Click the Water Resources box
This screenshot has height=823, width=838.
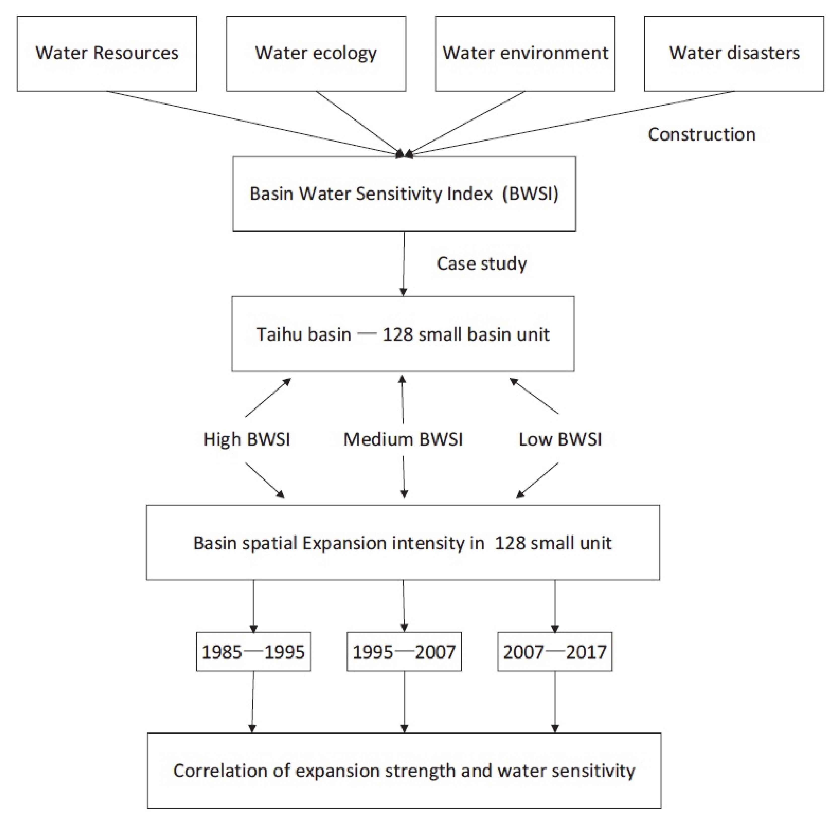tap(107, 54)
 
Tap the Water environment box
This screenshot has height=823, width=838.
tap(525, 54)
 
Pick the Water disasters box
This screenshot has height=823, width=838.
tap(734, 54)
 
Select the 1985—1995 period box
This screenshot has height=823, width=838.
tap(253, 652)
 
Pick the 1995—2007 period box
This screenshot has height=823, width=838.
tap(404, 652)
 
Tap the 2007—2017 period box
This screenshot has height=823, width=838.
tap(555, 652)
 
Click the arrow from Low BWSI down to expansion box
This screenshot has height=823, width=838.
tap(537, 480)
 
